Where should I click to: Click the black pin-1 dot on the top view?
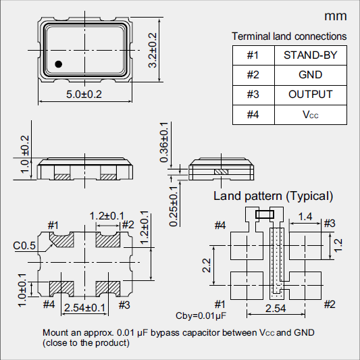pyautogui.click(x=59, y=64)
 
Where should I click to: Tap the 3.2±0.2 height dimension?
pyautogui.click(x=153, y=50)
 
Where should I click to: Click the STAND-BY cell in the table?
pyautogui.click(x=310, y=55)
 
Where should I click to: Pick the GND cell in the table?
pyautogui.click(x=310, y=75)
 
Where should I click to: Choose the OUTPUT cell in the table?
pyautogui.click(x=310, y=95)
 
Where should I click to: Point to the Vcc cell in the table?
pyautogui.click(x=310, y=115)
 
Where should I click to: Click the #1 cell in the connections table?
pyautogui.click(x=253, y=55)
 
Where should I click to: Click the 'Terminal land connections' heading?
pyautogui.click(x=289, y=36)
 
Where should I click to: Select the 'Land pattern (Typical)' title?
pyautogui.click(x=273, y=197)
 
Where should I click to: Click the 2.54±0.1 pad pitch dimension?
pyautogui.click(x=84, y=308)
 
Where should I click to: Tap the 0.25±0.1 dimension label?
pyautogui.click(x=174, y=209)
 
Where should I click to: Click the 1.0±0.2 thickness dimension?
pyautogui.click(x=25, y=154)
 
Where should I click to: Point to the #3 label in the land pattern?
pyautogui.click(x=329, y=224)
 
